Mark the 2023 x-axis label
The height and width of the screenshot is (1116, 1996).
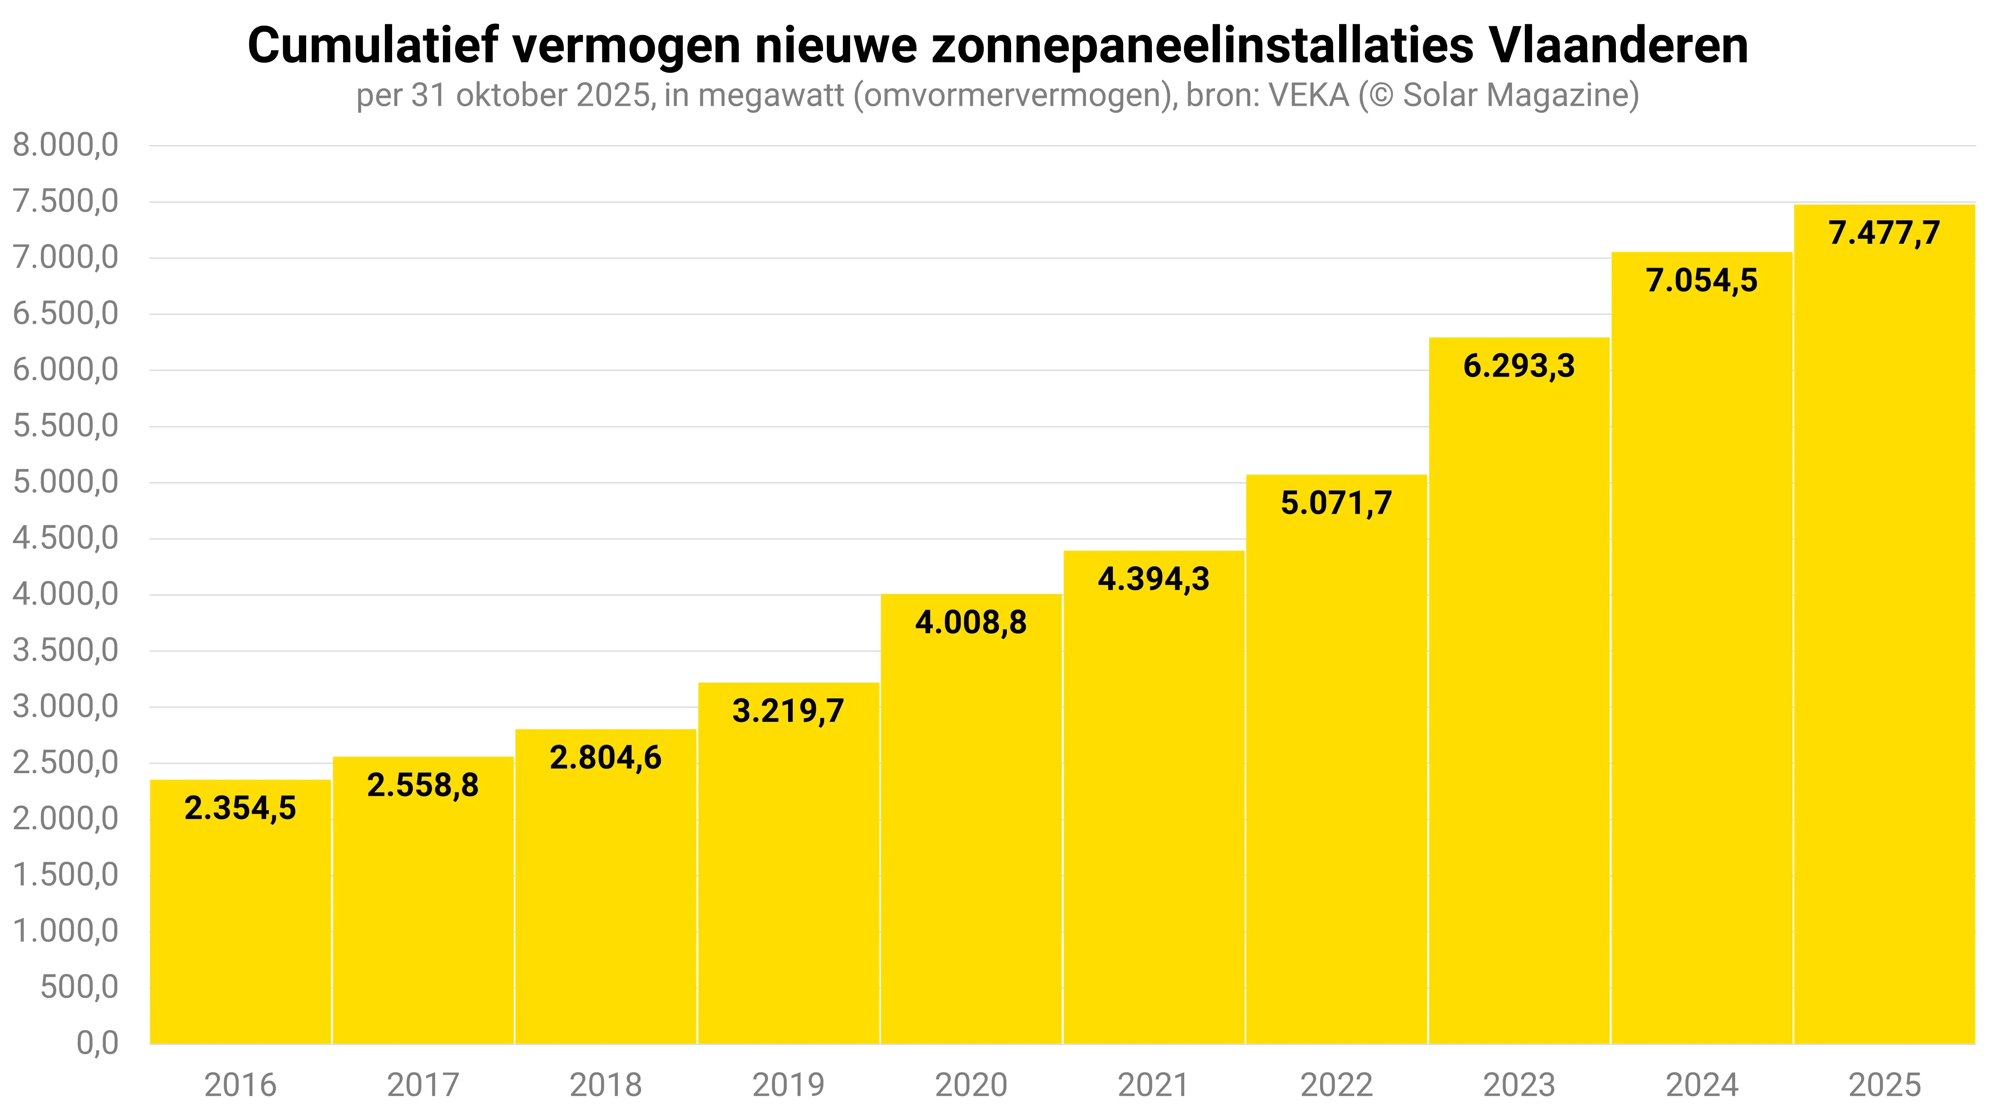pyautogui.click(x=1519, y=1085)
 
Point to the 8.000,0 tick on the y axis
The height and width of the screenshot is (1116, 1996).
pyautogui.click(x=66, y=145)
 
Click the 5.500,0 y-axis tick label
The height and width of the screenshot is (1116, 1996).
pyautogui.click(x=66, y=426)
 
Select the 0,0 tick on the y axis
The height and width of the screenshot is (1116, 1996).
pyautogui.click(x=97, y=1043)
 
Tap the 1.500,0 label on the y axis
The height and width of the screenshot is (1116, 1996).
pyautogui.click(x=66, y=875)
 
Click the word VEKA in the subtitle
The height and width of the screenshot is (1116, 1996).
pyautogui.click(x=1309, y=95)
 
